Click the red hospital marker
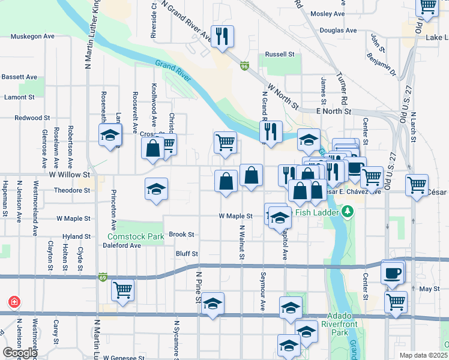[14, 302]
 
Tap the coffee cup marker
[393, 273]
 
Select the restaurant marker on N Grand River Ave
[222, 37]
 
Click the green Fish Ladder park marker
[347, 211]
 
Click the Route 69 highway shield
[103, 277]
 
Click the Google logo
[20, 353]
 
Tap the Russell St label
[280, 54]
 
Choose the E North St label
[333, 111]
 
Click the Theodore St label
[72, 190]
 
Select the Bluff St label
[186, 254]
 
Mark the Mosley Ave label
[328, 13]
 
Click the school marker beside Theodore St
[155, 190]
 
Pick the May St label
[429, 289]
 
